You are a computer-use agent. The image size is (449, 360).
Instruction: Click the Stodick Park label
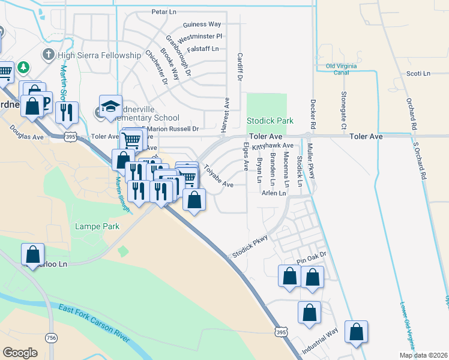click(270, 121)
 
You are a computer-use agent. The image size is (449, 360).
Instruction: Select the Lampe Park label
click(97, 226)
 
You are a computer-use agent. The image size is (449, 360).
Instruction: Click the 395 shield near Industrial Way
click(281, 332)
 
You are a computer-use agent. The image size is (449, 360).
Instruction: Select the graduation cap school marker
click(110, 106)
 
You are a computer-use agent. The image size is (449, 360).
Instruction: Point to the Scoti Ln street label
click(418, 73)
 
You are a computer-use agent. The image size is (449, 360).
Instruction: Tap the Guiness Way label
click(202, 24)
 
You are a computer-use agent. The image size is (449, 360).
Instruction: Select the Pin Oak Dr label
click(311, 255)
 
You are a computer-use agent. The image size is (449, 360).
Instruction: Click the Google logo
click(20, 353)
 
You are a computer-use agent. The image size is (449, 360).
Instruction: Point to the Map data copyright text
click(423, 355)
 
